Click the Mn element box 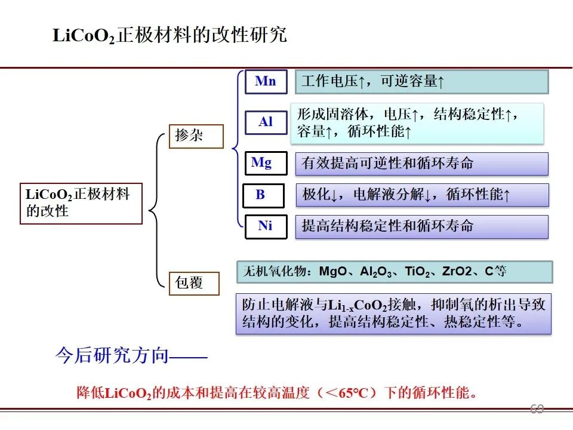tap(266, 82)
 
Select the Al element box tap(266, 122)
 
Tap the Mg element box tap(266, 163)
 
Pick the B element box tap(263, 196)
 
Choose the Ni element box tap(266, 227)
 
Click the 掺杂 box tap(196, 136)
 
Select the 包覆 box tap(194, 283)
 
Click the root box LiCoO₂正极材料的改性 tap(81, 203)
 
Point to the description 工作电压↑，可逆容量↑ tap(422, 82)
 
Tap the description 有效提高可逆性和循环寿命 tap(422, 164)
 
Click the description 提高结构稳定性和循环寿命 tap(422, 227)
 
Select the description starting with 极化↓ tap(422, 195)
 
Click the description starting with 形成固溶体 tap(417, 123)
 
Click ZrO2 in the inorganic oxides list tap(457, 271)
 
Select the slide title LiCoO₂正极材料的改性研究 tap(170, 35)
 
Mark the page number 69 tap(537, 408)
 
